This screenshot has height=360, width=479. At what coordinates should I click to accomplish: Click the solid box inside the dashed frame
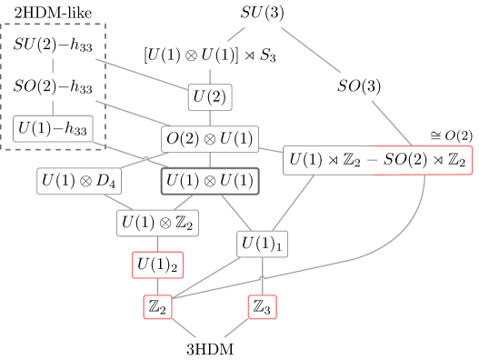53,128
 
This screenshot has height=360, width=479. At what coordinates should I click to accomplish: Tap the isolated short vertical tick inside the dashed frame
53,65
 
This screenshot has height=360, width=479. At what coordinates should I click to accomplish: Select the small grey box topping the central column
210,97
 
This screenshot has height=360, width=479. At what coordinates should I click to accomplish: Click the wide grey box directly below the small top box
210,139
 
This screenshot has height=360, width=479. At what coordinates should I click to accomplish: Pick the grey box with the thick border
210,181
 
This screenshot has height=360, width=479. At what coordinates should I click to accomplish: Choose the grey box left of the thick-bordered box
79,181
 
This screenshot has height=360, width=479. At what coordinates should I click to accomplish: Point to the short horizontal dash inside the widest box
373,160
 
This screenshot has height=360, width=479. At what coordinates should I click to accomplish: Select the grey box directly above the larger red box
157,223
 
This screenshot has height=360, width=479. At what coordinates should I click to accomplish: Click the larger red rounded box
158,265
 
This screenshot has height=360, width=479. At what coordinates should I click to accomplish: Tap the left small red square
157,306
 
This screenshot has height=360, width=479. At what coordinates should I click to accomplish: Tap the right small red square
262,306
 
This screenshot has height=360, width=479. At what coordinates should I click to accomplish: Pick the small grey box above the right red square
262,244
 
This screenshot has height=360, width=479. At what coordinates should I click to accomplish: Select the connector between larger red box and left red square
157,285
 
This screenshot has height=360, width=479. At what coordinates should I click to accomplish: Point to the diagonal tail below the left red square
185,328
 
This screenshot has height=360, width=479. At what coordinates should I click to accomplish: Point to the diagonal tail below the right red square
235,328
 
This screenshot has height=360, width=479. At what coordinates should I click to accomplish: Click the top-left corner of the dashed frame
2,25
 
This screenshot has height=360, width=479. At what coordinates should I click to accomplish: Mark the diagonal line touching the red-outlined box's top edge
391,122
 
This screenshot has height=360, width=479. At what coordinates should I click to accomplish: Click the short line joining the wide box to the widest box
271,150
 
